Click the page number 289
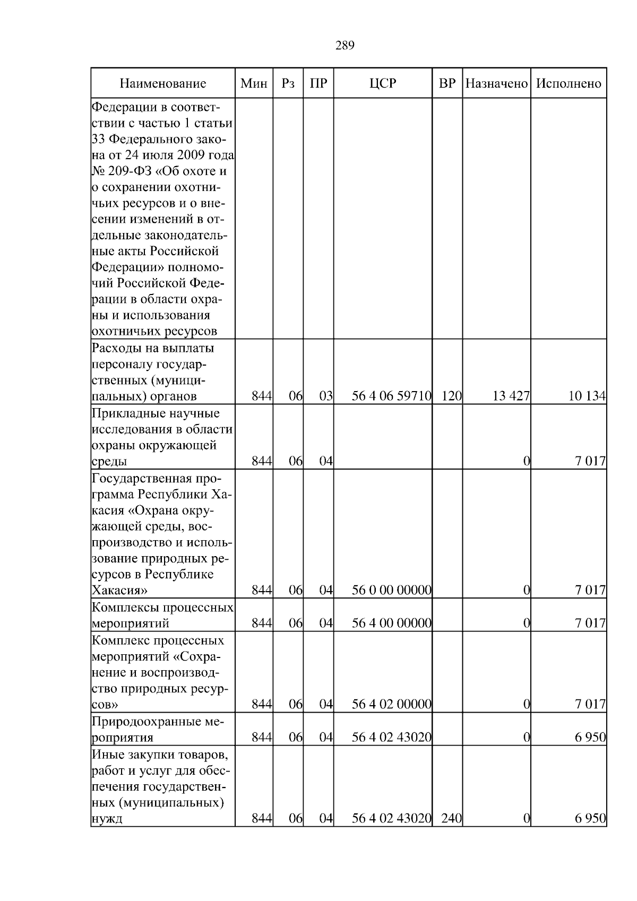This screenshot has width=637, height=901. (345, 45)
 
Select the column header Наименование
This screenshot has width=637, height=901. (162, 83)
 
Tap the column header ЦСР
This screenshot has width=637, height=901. (383, 83)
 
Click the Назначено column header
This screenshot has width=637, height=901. (496, 83)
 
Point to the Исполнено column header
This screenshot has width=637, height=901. (569, 83)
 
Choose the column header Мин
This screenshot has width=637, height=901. (254, 83)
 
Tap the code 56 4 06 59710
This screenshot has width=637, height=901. (392, 396)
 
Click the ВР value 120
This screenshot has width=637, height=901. (451, 396)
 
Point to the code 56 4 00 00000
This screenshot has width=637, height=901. (392, 623)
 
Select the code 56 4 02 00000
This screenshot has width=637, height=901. (392, 704)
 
